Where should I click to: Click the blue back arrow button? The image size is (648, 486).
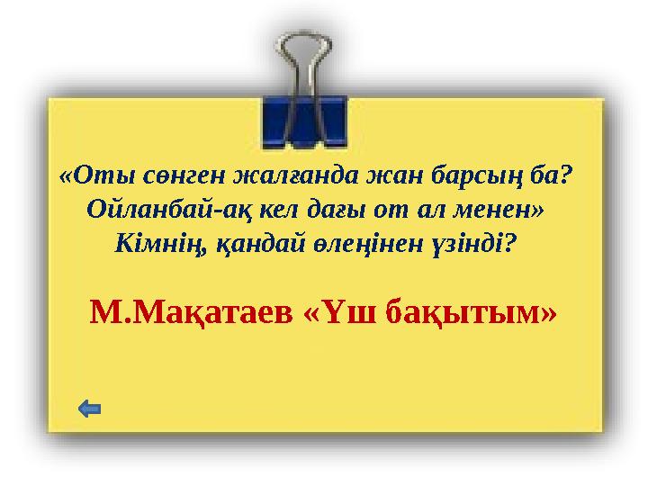pyautogui.click(x=89, y=409)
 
